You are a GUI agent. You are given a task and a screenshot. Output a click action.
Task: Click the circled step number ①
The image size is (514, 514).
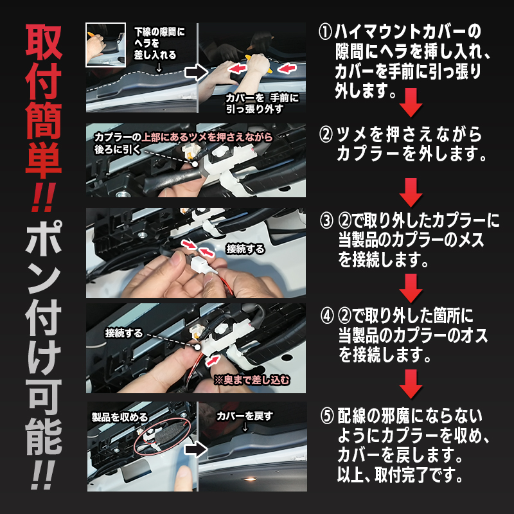pos(326,31)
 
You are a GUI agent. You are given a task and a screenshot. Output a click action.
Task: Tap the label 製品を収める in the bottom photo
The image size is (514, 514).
pos(120,418)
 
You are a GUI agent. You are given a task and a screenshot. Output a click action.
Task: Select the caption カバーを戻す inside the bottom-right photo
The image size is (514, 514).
pos(245,416)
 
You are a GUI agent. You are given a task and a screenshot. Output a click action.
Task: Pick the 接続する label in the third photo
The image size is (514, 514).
pos(245,249)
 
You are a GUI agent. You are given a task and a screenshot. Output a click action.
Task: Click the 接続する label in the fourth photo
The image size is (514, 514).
pos(125,334)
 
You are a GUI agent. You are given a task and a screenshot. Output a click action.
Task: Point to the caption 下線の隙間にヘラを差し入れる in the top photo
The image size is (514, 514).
pos(159,42)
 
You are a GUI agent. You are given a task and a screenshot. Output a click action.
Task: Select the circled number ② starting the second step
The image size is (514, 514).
pos(326,135)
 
